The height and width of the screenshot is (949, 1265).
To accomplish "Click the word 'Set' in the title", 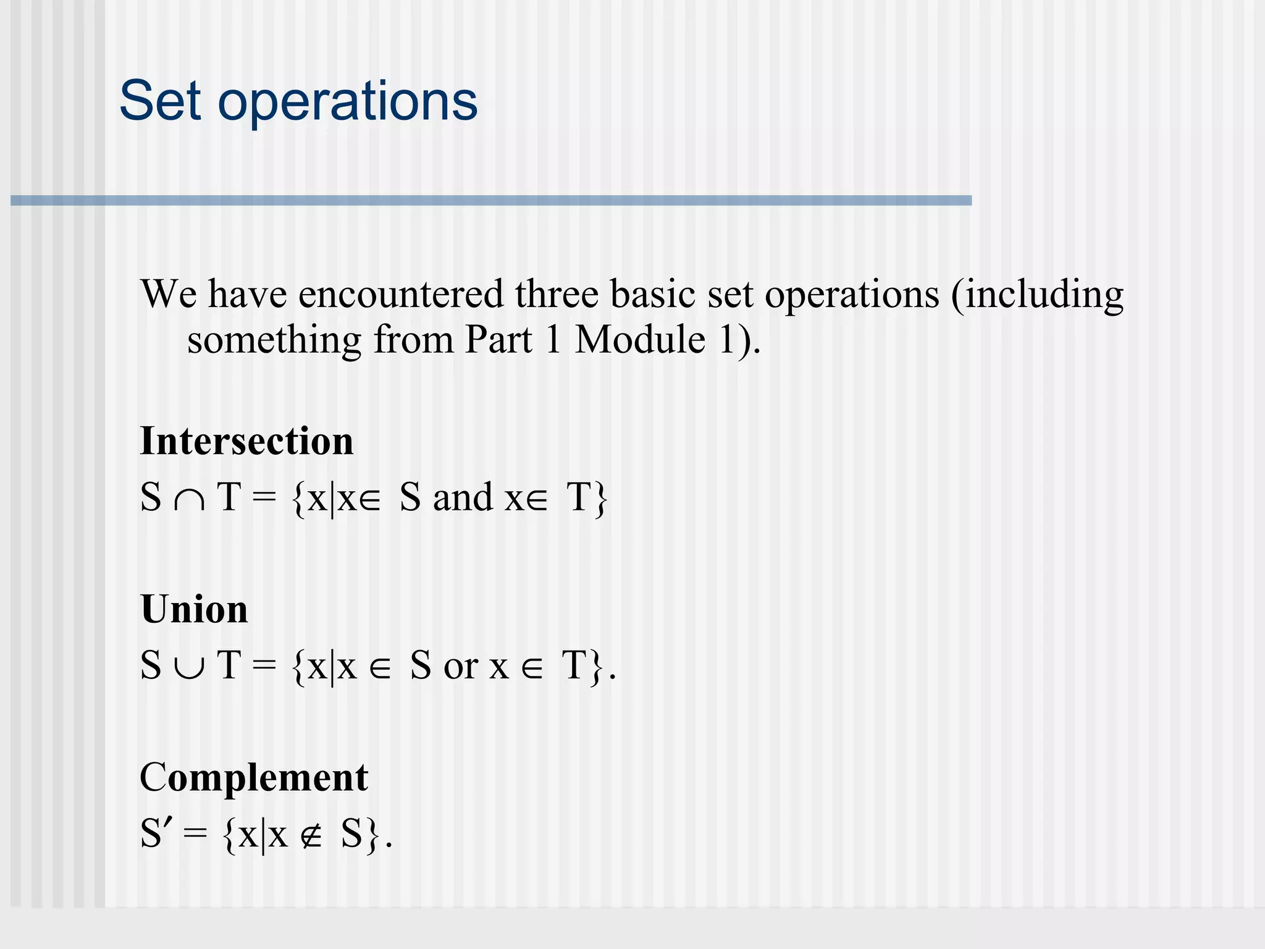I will [160, 100].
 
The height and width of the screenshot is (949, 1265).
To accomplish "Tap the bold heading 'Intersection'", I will [246, 441].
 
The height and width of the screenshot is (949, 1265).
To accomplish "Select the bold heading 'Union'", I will [194, 609].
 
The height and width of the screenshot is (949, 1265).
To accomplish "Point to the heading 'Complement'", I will [254, 777].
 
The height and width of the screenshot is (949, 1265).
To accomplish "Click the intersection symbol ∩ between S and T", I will [189, 500].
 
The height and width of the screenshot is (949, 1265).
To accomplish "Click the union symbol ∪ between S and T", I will [189, 668].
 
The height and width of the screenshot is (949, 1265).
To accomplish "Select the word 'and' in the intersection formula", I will [463, 497].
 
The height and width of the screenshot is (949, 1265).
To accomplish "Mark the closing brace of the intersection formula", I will [600, 499].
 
